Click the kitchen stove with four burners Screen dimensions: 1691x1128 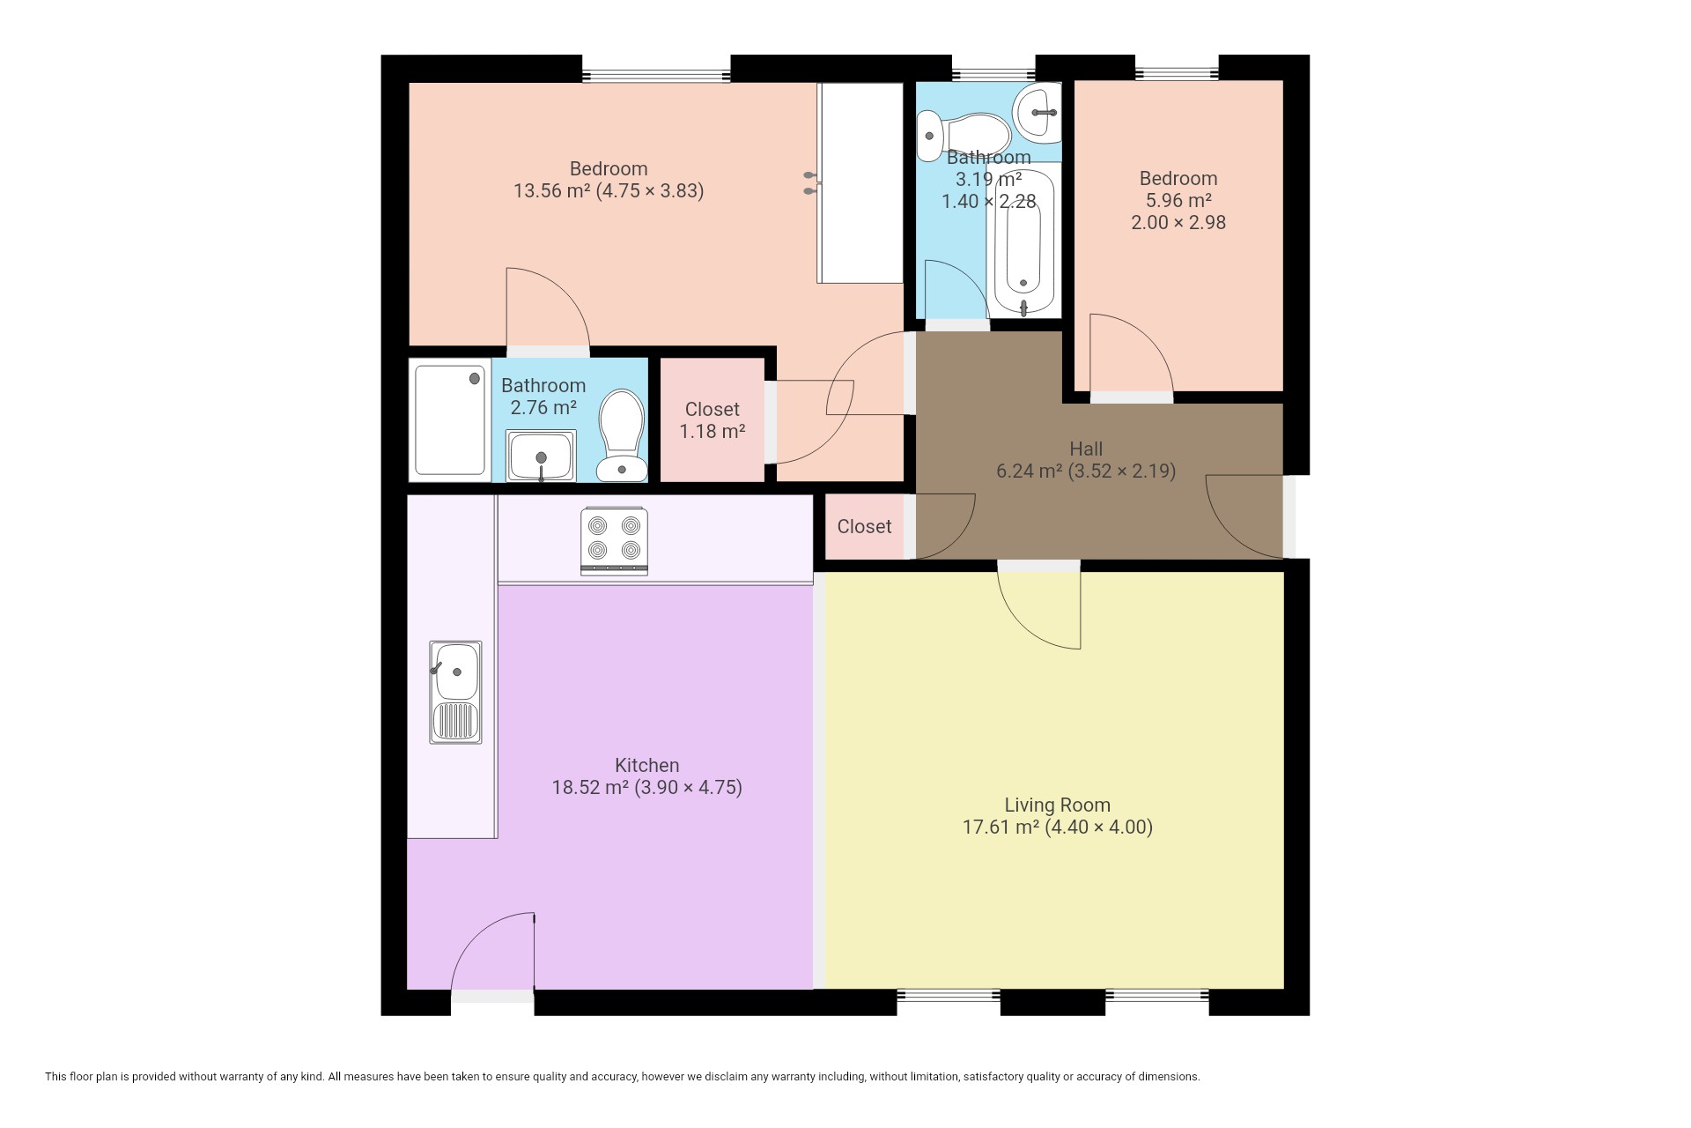tap(614, 541)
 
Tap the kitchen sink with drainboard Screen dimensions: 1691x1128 tap(455, 692)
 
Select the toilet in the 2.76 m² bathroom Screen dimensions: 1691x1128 tap(621, 436)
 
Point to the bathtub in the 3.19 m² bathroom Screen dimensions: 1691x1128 tap(1023, 243)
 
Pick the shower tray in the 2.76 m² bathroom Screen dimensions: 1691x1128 tap(450, 420)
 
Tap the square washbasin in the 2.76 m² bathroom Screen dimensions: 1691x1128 tap(541, 456)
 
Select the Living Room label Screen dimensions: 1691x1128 tap(1057, 805)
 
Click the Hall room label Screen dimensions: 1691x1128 tap(1086, 449)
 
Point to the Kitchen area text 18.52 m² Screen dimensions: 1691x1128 tap(590, 787)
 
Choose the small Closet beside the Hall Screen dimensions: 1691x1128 tap(864, 526)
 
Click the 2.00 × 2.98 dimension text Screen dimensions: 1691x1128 tap(1178, 222)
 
